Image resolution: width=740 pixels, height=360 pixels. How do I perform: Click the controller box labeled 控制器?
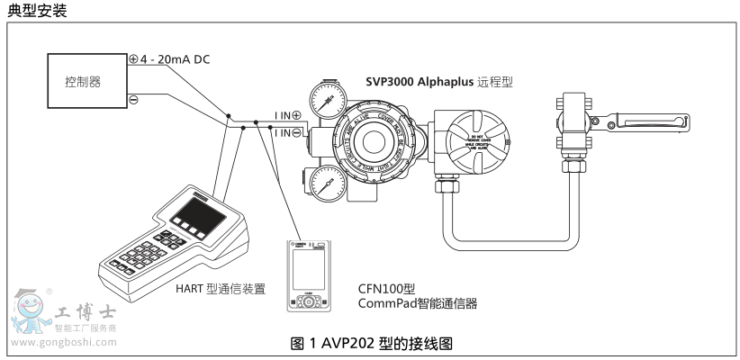coord(83,80)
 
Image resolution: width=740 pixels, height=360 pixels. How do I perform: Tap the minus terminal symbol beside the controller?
coord(133,100)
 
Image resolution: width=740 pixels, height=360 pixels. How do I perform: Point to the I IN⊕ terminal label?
coord(287,115)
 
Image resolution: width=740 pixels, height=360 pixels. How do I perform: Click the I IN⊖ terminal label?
coord(287,132)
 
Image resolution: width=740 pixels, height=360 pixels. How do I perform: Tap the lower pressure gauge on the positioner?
coord(323,183)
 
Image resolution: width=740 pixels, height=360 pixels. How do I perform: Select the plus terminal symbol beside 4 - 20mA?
coord(133,58)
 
